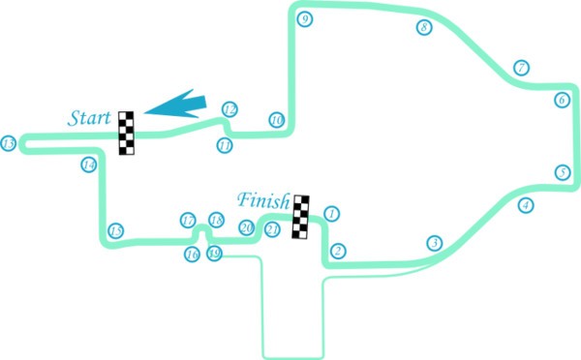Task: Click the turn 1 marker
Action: pos(331,214)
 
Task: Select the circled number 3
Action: pos(435,243)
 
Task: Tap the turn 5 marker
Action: pos(562,172)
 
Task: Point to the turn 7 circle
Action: pos(521,68)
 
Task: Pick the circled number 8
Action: pos(423,27)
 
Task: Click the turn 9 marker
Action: pos(304,18)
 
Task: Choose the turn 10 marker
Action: pos(276,120)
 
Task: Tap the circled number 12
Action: pos(229,109)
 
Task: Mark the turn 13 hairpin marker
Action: pos(9,143)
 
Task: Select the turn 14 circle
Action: pos(89,165)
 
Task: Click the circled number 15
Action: pos(116,231)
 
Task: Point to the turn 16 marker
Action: pos(192,255)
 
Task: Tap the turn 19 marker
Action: pos(215,255)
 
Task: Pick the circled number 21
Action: pos(272,229)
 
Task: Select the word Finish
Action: pos(263,202)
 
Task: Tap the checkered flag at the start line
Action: pos(126,133)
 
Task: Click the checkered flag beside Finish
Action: pos(302,217)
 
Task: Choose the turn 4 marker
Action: pos(525,205)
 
